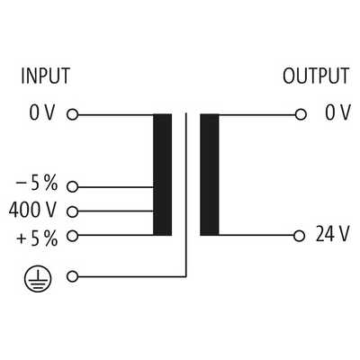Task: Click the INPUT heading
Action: point(46,76)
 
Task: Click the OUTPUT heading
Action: point(316,76)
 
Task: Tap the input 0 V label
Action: point(42,112)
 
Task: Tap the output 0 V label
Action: point(337,112)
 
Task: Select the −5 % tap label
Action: point(36,184)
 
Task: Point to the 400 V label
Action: point(32,210)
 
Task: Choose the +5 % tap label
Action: point(37,239)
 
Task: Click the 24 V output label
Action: point(332,234)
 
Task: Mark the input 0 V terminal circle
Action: point(72,114)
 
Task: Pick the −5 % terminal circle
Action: point(72,187)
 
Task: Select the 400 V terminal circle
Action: point(72,211)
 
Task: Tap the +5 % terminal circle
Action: point(72,236)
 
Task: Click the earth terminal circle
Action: point(72,276)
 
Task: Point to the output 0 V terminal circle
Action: point(301,114)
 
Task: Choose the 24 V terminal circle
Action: point(299,236)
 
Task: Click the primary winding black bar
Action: point(162,175)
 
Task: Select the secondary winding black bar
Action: point(210,175)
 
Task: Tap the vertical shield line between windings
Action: point(186,194)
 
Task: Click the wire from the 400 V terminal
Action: point(115,211)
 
